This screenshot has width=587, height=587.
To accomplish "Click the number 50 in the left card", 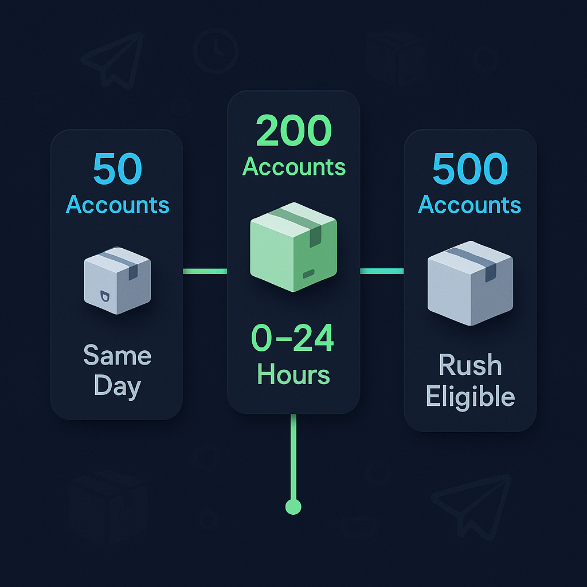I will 118,169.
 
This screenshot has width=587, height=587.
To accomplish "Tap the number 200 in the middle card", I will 293,131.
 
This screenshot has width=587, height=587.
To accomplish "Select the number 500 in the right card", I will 470,169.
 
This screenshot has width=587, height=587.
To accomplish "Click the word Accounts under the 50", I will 118,205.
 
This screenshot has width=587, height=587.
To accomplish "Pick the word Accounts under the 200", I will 293,167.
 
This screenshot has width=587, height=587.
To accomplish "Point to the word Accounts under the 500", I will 470,205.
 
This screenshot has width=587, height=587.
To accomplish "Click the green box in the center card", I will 293,246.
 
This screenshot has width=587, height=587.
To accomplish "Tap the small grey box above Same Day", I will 118,280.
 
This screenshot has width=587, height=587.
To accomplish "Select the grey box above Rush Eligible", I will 470,282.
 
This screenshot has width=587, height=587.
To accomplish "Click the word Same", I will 118,356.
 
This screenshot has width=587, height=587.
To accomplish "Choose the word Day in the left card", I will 118,387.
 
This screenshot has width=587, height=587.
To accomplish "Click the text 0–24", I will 293,339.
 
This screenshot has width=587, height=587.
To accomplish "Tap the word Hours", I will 293,374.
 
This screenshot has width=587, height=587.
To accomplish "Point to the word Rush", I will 470,365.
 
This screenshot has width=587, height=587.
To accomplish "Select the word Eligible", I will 470,397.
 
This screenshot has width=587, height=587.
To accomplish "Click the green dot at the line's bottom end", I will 293,506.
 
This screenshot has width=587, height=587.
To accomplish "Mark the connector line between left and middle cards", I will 205,271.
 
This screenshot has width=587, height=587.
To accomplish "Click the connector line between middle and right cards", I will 382,271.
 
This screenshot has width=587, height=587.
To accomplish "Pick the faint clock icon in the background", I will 216,50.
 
